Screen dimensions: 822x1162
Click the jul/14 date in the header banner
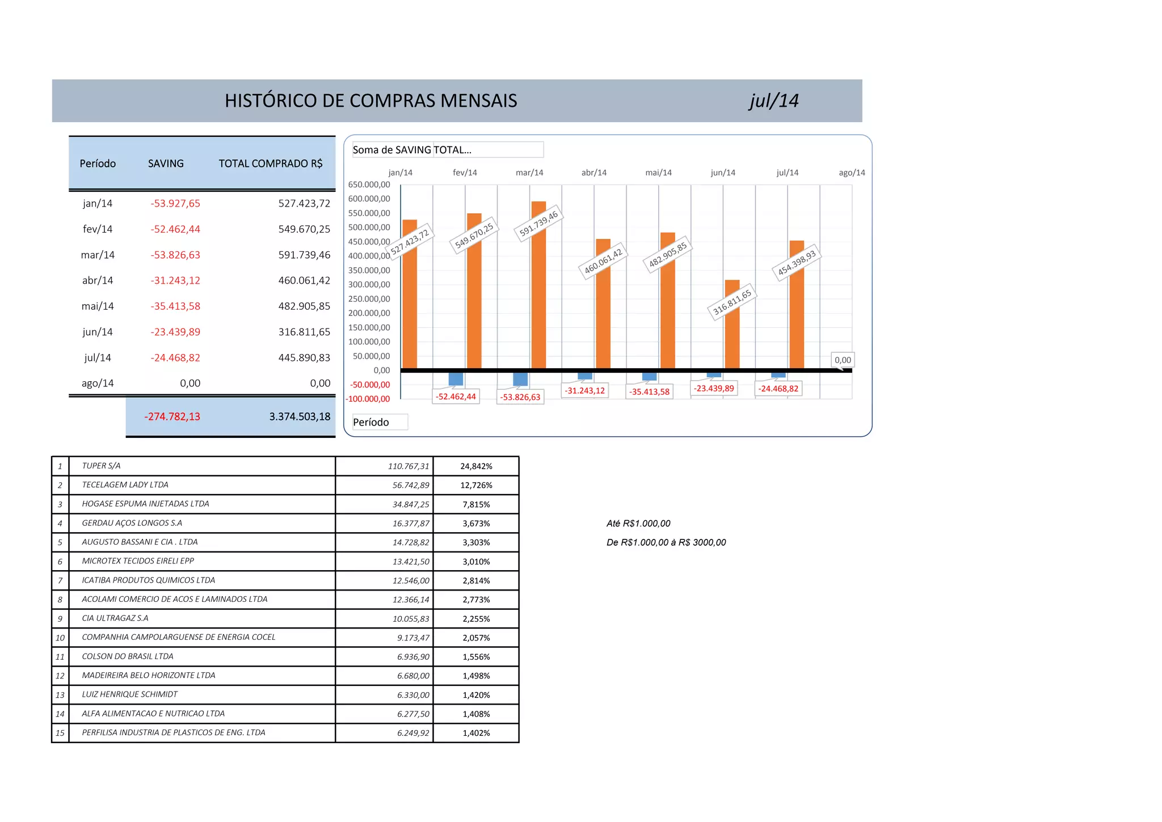pyautogui.click(x=773, y=101)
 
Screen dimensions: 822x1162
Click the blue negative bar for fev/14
pyautogui.click(x=456, y=379)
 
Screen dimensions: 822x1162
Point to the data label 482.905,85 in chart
pyautogui.click(x=668, y=254)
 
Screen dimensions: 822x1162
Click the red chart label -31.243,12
pyautogui.click(x=584, y=390)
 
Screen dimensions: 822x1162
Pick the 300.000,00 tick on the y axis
pyautogui.click(x=369, y=284)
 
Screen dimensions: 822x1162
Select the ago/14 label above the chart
pyautogui.click(x=852, y=172)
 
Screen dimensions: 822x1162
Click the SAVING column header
pyautogui.click(x=166, y=163)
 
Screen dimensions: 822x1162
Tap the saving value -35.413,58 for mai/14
pyautogui.click(x=175, y=306)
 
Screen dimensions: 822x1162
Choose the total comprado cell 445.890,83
pyautogui.click(x=304, y=357)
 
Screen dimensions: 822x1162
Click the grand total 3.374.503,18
pyautogui.click(x=300, y=416)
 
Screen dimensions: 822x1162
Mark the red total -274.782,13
pyautogui.click(x=172, y=416)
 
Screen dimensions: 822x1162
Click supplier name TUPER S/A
pyautogui.click(x=101, y=466)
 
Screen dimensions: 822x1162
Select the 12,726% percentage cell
pyautogui.click(x=476, y=485)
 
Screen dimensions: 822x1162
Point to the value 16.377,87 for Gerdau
pyautogui.click(x=411, y=523)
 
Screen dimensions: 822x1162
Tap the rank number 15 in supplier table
pyautogui.click(x=60, y=733)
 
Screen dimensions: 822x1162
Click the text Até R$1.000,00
pyautogui.click(x=638, y=523)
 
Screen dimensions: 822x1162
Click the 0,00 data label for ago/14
pyautogui.click(x=843, y=360)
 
